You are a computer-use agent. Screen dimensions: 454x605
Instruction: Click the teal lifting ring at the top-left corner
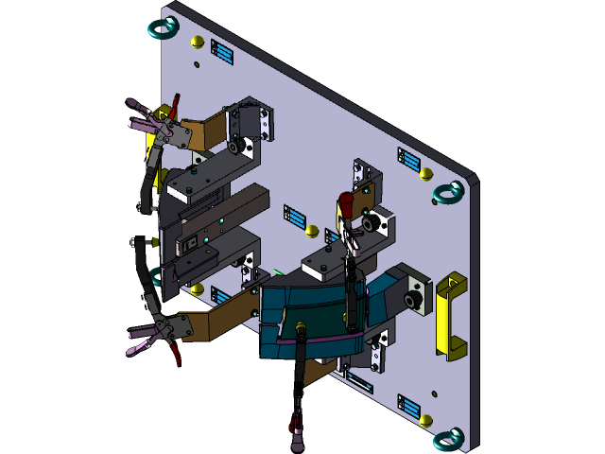(x=164, y=26)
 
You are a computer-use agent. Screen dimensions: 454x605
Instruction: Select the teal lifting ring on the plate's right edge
(x=448, y=193)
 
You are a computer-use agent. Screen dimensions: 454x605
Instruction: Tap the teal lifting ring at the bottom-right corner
(x=448, y=439)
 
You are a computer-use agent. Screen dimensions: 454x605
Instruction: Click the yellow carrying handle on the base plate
(x=451, y=317)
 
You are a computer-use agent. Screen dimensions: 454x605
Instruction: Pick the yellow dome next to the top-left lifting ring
(x=197, y=42)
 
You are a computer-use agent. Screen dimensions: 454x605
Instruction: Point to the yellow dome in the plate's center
(x=312, y=231)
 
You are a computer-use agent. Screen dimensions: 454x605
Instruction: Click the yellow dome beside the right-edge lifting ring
(x=426, y=174)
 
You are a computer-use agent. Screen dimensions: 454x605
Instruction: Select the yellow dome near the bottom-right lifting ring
(x=426, y=419)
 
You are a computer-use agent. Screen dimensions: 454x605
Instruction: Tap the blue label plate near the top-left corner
(x=222, y=52)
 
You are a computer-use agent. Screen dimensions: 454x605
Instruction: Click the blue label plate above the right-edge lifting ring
(x=409, y=160)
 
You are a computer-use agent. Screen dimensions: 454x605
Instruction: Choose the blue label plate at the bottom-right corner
(x=409, y=407)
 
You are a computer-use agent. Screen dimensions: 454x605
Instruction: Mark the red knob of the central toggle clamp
(x=346, y=204)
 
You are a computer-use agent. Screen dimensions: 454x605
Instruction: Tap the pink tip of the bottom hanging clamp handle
(x=296, y=439)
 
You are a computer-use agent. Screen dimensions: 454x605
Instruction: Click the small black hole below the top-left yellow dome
(x=197, y=64)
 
